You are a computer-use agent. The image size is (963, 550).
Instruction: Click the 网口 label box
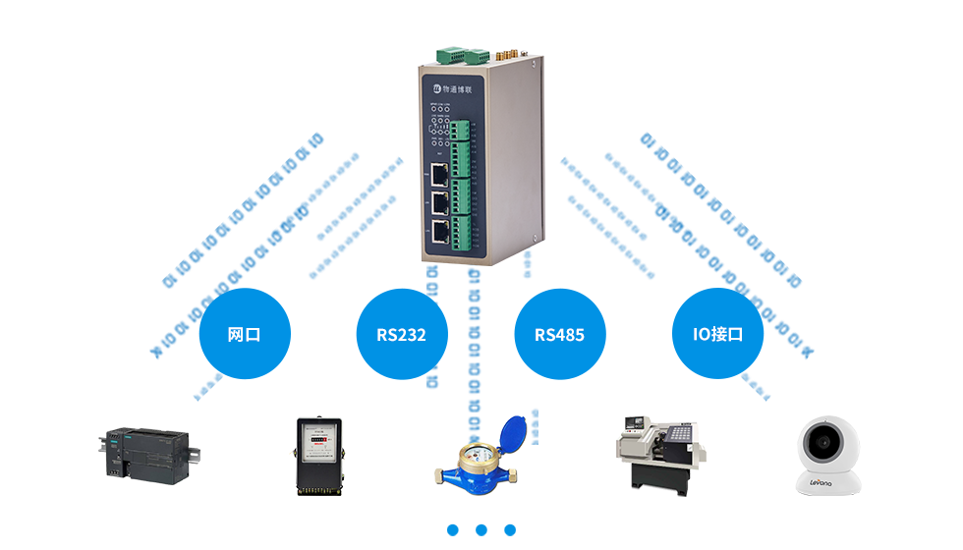(244, 334)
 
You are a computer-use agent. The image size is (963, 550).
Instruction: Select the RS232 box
(401, 334)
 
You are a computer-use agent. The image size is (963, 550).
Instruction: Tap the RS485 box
(559, 334)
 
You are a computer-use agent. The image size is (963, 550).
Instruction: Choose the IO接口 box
(717, 334)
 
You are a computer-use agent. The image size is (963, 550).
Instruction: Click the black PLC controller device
(149, 456)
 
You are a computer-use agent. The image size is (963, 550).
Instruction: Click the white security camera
(827, 454)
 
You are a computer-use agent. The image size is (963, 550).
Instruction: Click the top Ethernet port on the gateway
(439, 177)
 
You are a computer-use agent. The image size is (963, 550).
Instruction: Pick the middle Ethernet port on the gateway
(439, 204)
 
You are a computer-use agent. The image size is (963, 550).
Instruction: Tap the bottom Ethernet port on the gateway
(439, 232)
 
